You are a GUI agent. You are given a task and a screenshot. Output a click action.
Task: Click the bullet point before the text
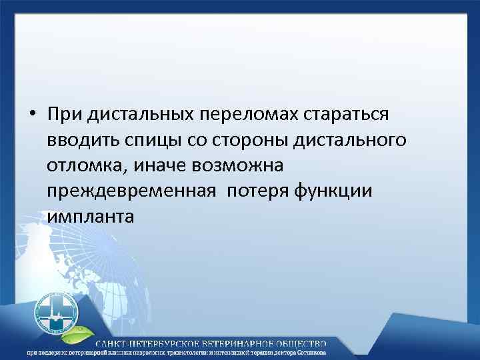pyautogui.click(x=32, y=115)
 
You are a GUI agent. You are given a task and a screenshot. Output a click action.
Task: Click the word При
pyautogui.click(x=64, y=114)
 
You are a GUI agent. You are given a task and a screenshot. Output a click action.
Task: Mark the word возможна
pyautogui.click(x=241, y=165)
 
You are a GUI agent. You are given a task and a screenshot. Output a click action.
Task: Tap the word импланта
pyautogui.click(x=90, y=217)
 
